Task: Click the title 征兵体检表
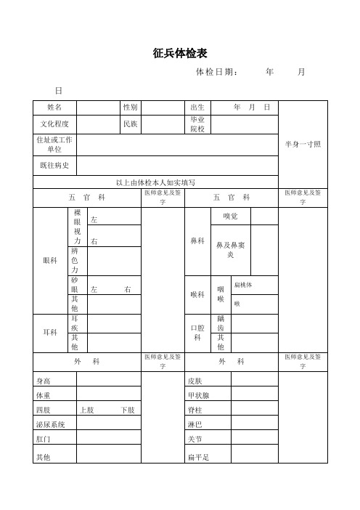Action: point(181,54)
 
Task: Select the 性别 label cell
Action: point(130,107)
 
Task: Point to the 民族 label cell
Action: point(130,124)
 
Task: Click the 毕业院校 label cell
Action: point(197,124)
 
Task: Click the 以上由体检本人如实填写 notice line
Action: point(156,182)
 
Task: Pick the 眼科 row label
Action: point(50,259)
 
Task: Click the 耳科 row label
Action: point(50,333)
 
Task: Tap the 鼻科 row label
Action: point(197,240)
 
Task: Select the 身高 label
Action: point(44,379)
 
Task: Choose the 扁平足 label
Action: point(198,456)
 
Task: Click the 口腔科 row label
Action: point(197,333)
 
